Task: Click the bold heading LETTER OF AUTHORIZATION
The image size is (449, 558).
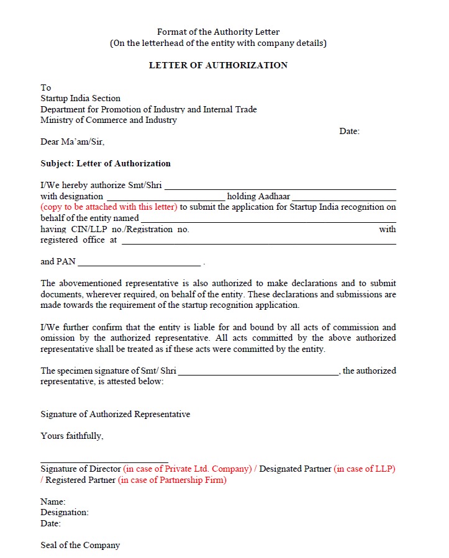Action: click(x=218, y=65)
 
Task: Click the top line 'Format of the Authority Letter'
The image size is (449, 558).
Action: click(x=218, y=32)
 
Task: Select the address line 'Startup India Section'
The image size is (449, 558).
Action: click(x=80, y=98)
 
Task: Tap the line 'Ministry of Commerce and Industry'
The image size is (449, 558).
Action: click(x=109, y=120)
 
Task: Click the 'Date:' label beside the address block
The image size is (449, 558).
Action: click(x=349, y=131)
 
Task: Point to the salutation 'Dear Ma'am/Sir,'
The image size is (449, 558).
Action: click(x=73, y=142)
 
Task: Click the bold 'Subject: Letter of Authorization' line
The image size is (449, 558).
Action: click(x=106, y=163)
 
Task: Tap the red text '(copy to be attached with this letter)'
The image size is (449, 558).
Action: click(x=109, y=207)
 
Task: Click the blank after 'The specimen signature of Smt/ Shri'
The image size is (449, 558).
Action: click(x=258, y=372)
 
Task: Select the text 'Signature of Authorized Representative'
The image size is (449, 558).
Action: click(x=116, y=414)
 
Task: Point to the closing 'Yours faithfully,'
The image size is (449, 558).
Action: click(x=72, y=436)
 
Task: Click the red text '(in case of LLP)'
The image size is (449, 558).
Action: click(x=365, y=469)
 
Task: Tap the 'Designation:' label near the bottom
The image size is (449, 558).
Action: click(x=65, y=512)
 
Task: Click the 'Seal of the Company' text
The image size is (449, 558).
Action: click(x=80, y=545)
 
